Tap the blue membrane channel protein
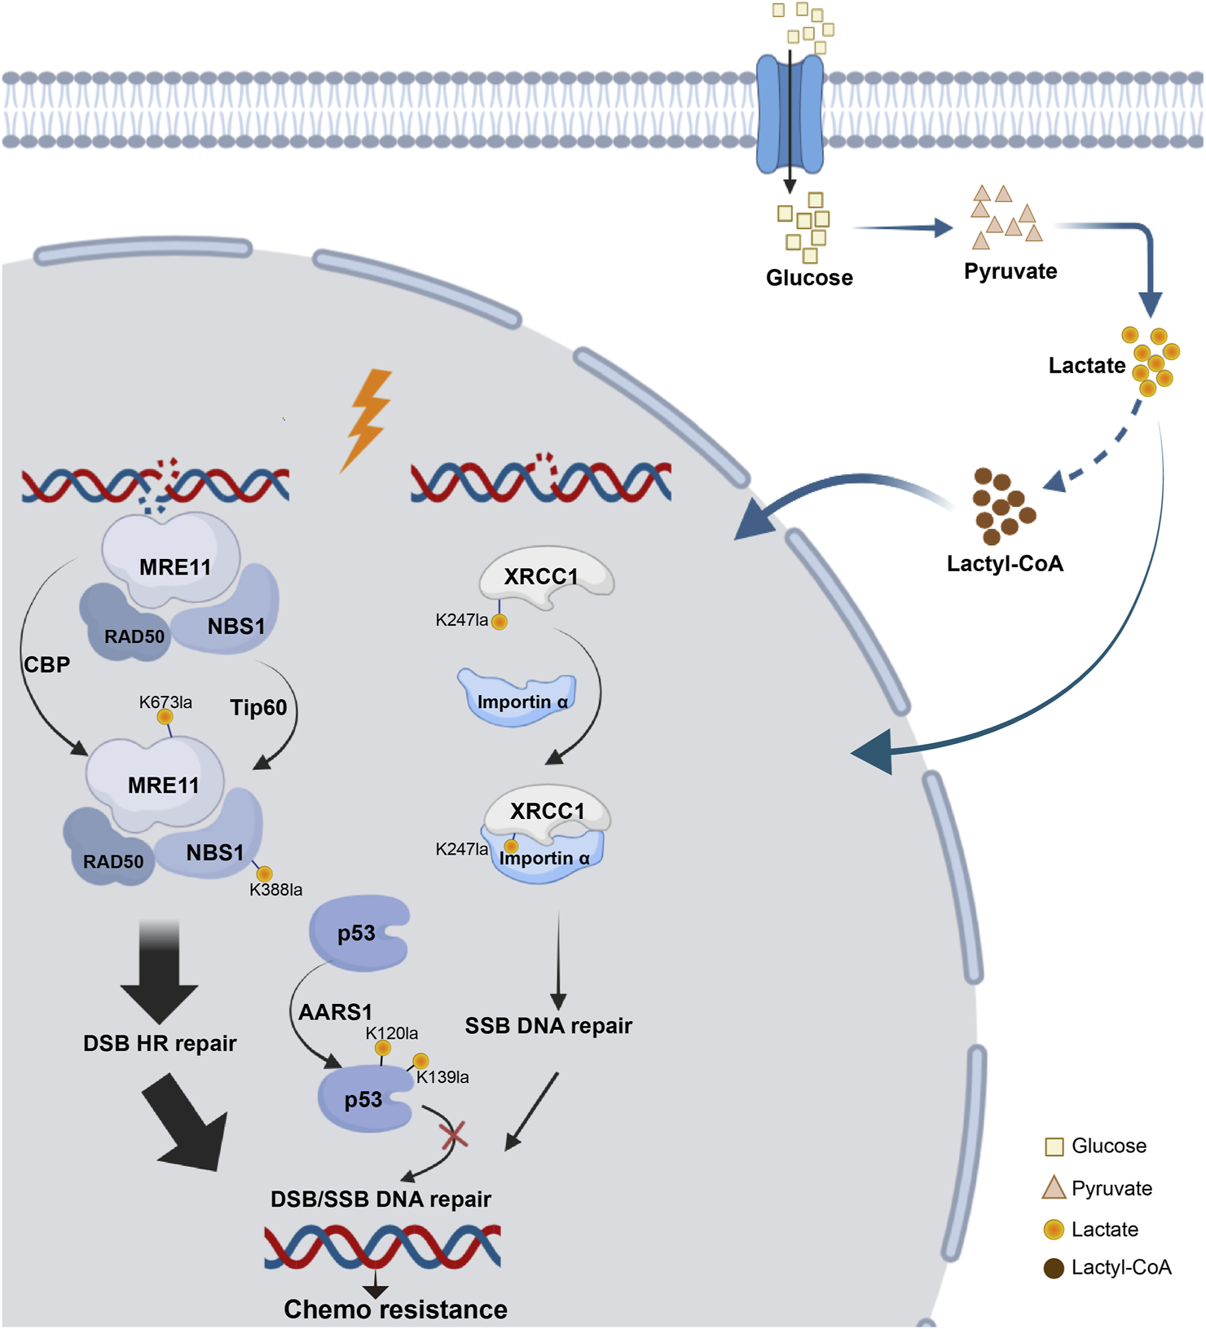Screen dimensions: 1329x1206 click(790, 114)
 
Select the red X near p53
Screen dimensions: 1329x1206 click(453, 1133)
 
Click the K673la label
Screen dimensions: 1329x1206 click(165, 702)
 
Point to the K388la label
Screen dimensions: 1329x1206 click(275, 890)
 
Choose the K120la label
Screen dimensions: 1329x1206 click(392, 1033)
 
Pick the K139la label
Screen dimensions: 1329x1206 click(442, 1077)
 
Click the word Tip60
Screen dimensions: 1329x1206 click(258, 707)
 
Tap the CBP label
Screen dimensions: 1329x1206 click(47, 665)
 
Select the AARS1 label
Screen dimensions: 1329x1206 click(335, 1012)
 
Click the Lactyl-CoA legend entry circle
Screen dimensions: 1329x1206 click(1054, 1268)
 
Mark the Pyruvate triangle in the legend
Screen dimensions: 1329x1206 click(1054, 1188)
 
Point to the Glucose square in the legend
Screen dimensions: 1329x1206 click(1054, 1146)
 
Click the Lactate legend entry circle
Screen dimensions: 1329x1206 click(1054, 1229)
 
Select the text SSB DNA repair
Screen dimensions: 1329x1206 click(548, 1026)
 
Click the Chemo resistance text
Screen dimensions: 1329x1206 click(395, 1309)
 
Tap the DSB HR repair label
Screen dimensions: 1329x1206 click(160, 1044)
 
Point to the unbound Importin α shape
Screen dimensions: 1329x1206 click(518, 698)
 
